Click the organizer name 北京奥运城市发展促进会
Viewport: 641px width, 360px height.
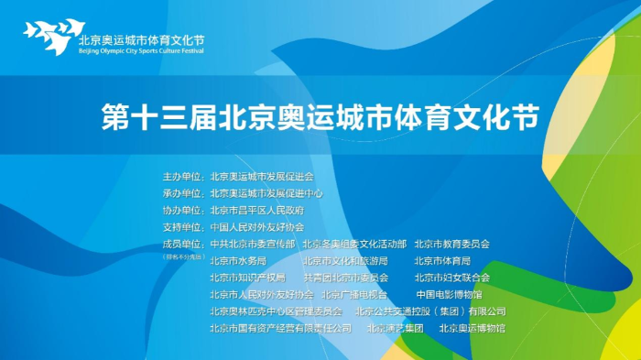coord(262,176)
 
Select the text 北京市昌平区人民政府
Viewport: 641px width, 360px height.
coord(256,210)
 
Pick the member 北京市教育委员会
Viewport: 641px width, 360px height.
coord(451,244)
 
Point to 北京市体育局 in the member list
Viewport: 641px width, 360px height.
coord(441,260)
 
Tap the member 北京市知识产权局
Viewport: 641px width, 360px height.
coord(247,277)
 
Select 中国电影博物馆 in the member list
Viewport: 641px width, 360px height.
coord(449,294)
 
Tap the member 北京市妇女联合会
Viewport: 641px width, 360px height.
coord(451,277)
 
